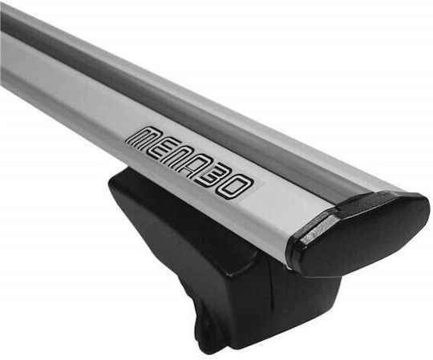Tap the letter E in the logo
164,150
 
